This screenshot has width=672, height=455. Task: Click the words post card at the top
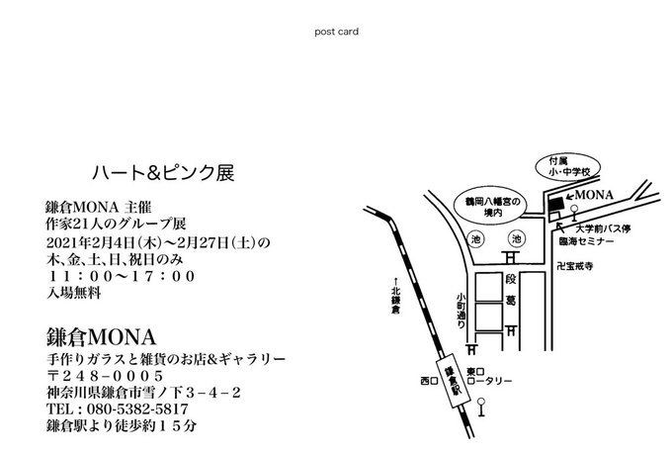336,31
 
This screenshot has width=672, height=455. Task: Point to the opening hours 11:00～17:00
121,276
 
